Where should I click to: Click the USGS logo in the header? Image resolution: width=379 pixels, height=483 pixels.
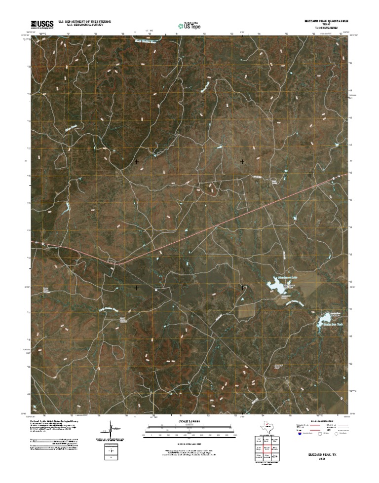click(x=42, y=24)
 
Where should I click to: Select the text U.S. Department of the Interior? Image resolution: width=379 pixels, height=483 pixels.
click(x=84, y=22)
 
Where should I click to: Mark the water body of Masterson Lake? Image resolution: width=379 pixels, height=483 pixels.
click(x=275, y=285)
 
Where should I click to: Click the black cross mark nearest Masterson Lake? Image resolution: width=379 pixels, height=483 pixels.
click(x=242, y=287)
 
